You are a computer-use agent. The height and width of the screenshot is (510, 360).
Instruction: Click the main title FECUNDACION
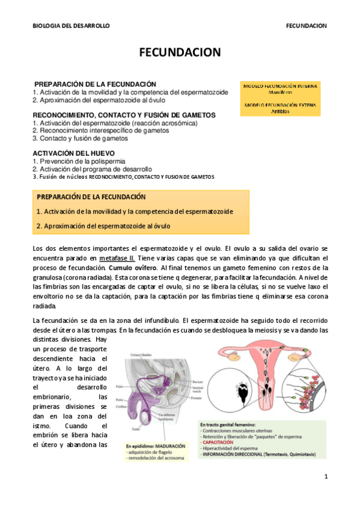pyautogui.click(x=180, y=53)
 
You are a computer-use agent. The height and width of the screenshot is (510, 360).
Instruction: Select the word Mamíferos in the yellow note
pyautogui.click(x=280, y=93)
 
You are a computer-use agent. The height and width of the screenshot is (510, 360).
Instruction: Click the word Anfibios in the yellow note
pyautogui.click(x=280, y=111)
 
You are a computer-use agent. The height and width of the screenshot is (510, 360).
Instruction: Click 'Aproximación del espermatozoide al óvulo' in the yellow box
pyautogui.click(x=103, y=226)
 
